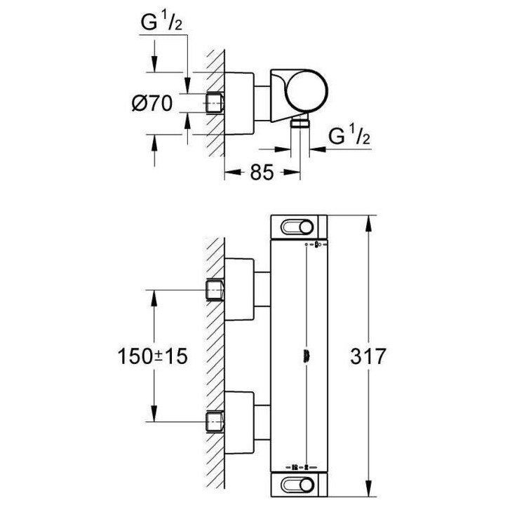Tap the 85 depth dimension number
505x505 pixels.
261,173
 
